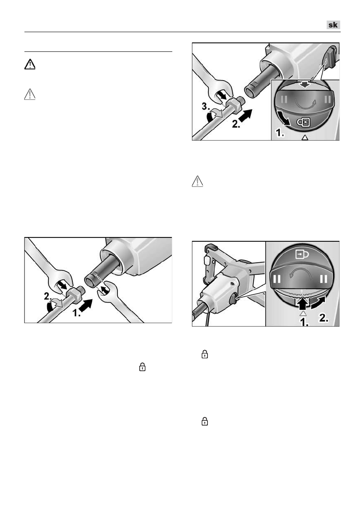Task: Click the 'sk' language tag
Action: pyautogui.click(x=333, y=25)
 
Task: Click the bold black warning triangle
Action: pyautogui.click(x=30, y=64)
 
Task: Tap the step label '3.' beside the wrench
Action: pyautogui.click(x=206, y=106)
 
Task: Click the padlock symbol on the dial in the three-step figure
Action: pyautogui.click(x=304, y=122)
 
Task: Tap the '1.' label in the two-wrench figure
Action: pyautogui.click(x=77, y=313)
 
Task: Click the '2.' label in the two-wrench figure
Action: pyautogui.click(x=48, y=296)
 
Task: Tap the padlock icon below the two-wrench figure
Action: pyautogui.click(x=142, y=367)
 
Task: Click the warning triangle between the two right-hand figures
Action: pyautogui.click(x=198, y=181)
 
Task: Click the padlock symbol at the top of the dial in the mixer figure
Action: pyautogui.click(x=302, y=254)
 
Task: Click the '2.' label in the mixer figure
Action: pyautogui.click(x=324, y=318)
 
